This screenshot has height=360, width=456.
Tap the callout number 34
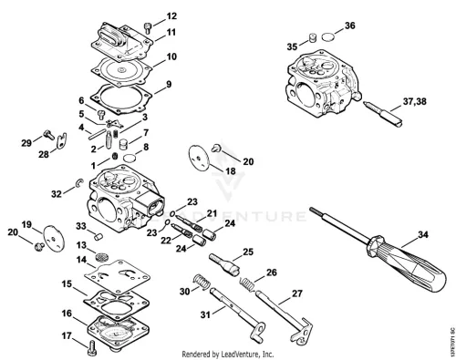[x=423, y=234]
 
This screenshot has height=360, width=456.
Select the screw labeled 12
[x=148, y=28]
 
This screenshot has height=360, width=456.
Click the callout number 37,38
[x=415, y=101]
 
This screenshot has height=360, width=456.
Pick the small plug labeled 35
[x=312, y=38]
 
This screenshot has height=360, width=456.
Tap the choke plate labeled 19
[x=54, y=238]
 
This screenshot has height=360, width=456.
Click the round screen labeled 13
[x=101, y=256]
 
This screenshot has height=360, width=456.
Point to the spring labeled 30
[x=202, y=282]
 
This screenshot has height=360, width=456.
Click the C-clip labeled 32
[x=78, y=183]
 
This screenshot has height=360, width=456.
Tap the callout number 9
[x=169, y=84]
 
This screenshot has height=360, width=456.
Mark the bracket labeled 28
[x=62, y=141]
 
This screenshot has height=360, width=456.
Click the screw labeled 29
[x=48, y=134]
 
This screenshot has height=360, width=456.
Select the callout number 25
[x=248, y=252]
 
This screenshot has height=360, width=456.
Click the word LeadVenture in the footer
[x=241, y=355]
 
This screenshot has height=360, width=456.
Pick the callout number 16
[x=67, y=314]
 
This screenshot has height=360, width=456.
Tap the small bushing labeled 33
[x=98, y=237]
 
